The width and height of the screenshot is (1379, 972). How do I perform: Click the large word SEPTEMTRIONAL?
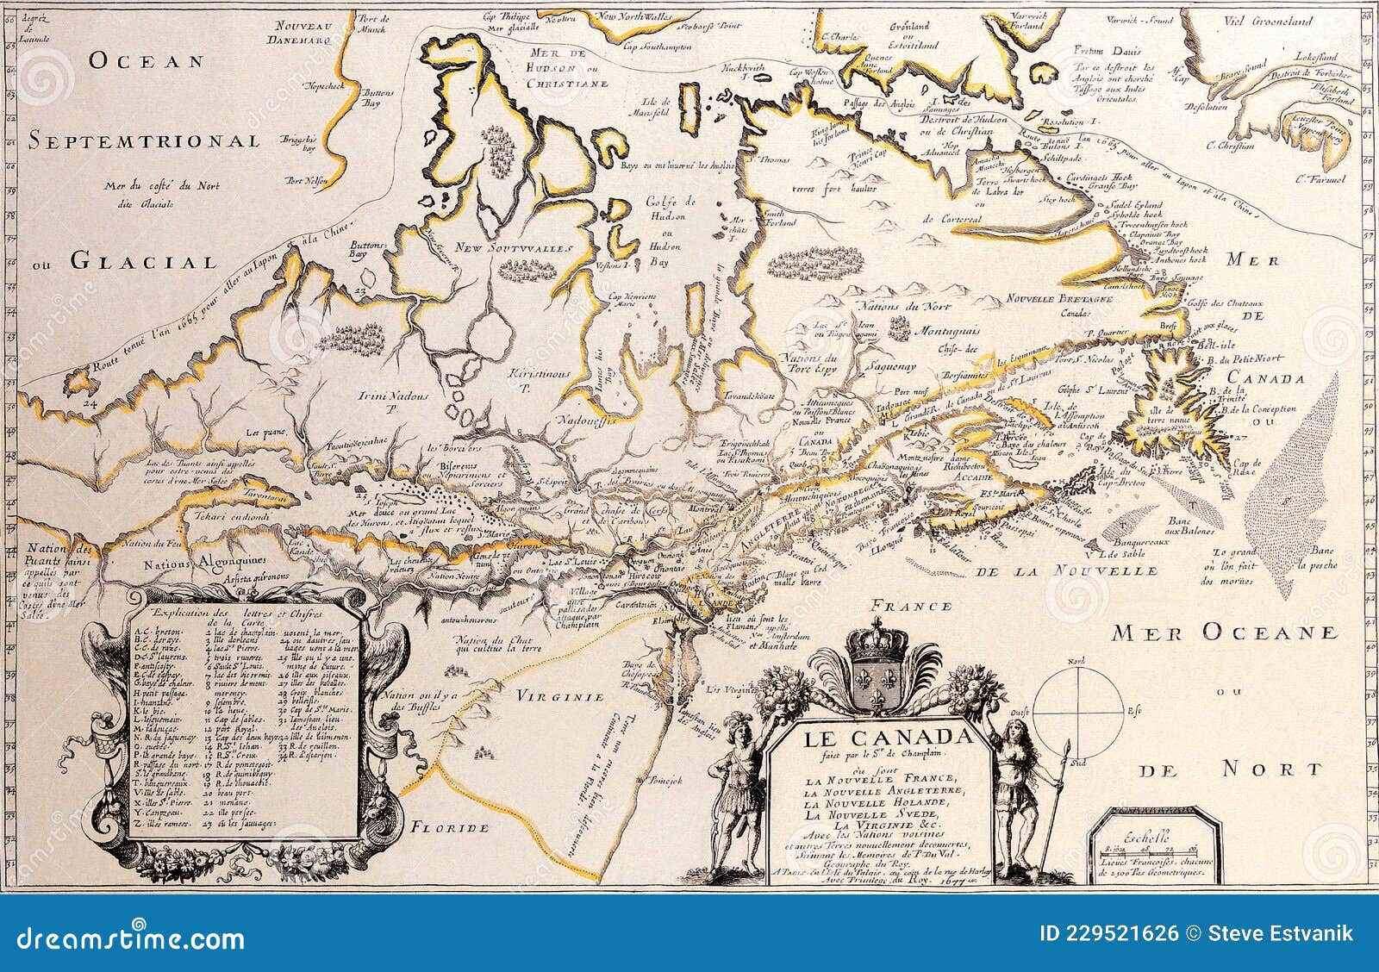coord(143,140)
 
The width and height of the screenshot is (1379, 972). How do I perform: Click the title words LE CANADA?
coord(887,738)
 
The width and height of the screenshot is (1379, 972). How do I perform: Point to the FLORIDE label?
coord(449,828)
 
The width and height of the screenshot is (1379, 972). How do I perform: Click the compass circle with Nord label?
coord(1073,712)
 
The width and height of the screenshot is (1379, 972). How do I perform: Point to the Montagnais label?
coord(947,331)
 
